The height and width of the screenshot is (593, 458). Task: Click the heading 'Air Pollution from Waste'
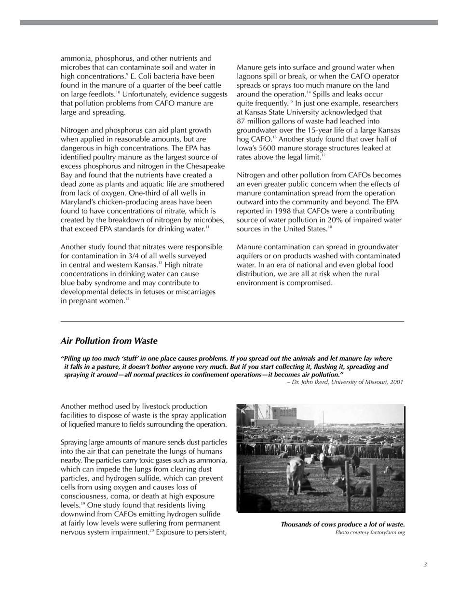[x=109, y=341]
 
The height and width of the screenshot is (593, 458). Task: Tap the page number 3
[x=425, y=565]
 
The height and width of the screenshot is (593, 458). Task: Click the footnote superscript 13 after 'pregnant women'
[x=127, y=299]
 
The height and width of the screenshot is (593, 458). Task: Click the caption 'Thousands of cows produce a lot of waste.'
[x=342, y=525]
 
